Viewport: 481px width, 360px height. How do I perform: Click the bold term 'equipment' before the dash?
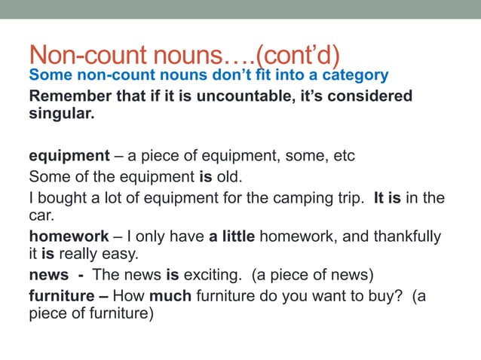coord(69,157)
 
